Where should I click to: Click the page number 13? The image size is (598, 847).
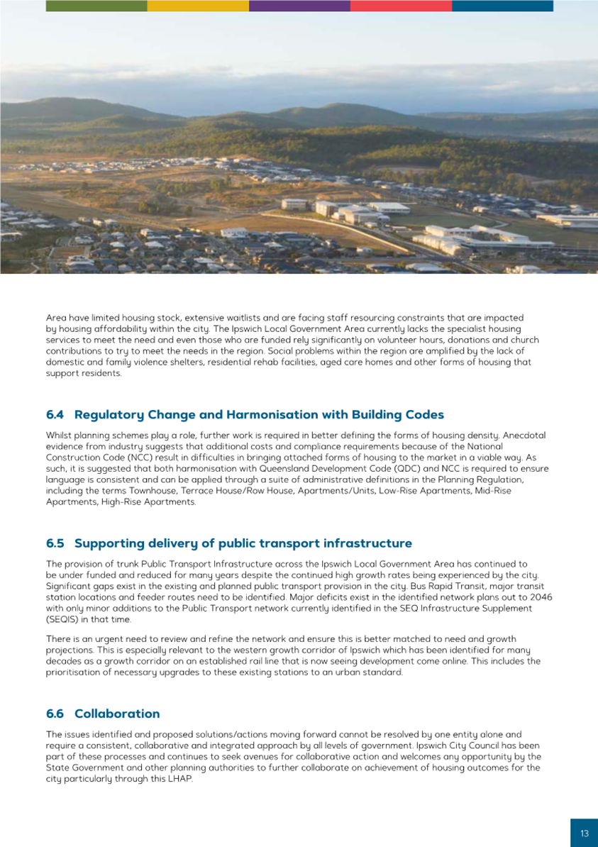[584, 834]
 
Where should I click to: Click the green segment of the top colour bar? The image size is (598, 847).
[96, 6]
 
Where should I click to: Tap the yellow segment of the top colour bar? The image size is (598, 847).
[198, 6]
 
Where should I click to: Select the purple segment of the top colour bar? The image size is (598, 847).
[299, 6]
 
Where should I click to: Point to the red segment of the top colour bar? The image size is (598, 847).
[401, 6]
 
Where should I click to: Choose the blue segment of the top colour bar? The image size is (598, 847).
[502, 6]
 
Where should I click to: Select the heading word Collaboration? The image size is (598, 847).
[117, 713]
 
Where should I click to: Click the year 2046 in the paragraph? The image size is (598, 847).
[541, 597]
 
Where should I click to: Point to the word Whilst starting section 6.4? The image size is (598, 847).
[59, 435]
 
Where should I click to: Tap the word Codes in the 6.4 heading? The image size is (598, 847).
[423, 414]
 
